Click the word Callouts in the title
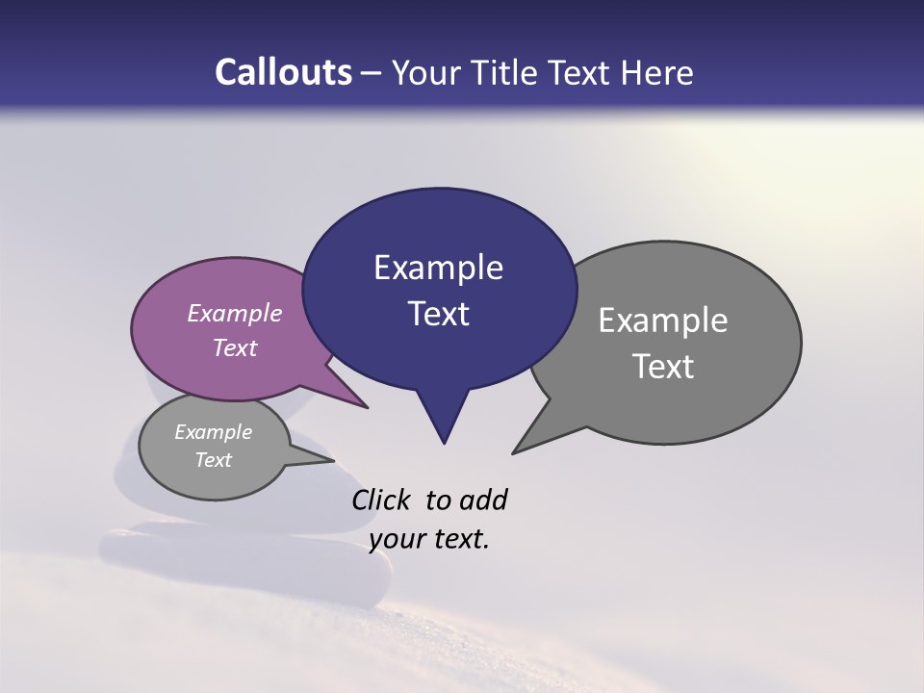click(x=283, y=72)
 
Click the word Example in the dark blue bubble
click(x=438, y=268)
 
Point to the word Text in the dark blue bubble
click(x=439, y=314)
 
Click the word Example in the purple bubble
click(x=235, y=313)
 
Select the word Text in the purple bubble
click(x=235, y=347)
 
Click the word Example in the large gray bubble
click(x=663, y=321)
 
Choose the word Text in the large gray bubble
click(x=663, y=367)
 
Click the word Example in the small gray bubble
click(x=213, y=432)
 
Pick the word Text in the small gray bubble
click(x=213, y=460)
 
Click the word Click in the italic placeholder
click(x=382, y=500)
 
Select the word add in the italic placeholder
click(x=483, y=500)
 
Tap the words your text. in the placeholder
click(x=429, y=539)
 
